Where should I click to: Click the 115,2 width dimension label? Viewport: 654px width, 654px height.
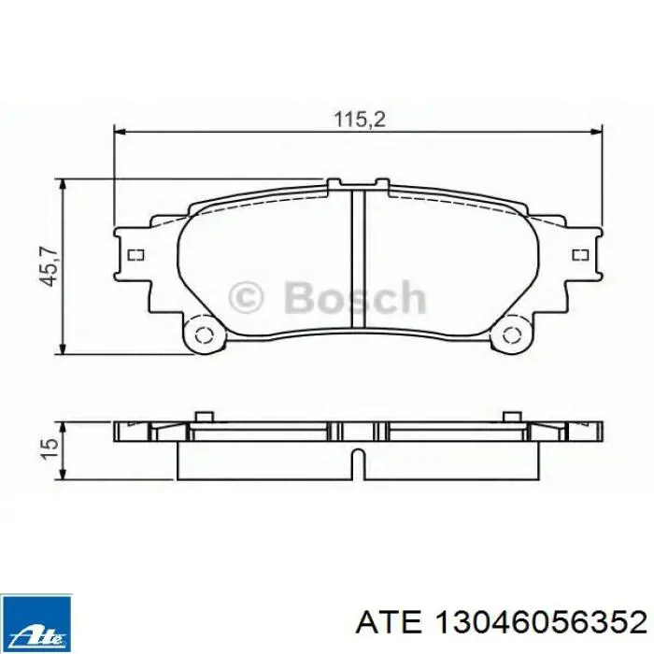360,121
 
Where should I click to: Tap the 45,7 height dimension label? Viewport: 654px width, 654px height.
49,267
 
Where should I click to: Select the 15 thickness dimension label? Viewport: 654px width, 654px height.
50,448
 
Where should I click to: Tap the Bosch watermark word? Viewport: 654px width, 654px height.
355,297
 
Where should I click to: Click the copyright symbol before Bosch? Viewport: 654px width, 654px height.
247,297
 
